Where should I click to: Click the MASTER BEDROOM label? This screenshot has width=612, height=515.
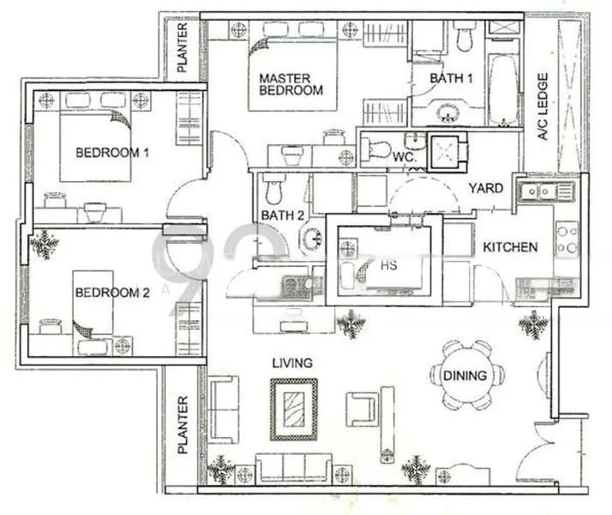click(x=291, y=84)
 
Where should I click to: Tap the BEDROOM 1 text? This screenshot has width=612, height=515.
click(x=112, y=154)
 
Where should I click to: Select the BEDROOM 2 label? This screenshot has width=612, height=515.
click(x=112, y=292)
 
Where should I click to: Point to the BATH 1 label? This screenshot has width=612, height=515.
click(x=451, y=78)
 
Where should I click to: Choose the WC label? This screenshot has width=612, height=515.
click(x=404, y=160)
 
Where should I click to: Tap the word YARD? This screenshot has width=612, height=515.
click(x=485, y=188)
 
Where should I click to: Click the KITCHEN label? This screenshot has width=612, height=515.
click(x=510, y=247)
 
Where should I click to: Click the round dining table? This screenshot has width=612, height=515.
click(x=465, y=375)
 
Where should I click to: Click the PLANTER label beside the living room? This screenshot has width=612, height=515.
click(x=182, y=425)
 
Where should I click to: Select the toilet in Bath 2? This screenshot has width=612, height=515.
click(x=273, y=189)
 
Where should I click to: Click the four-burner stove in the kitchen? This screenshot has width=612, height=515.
click(x=566, y=239)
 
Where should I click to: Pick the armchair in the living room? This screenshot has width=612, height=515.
click(x=363, y=407)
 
